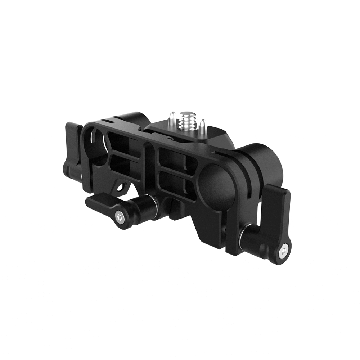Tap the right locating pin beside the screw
203,126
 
